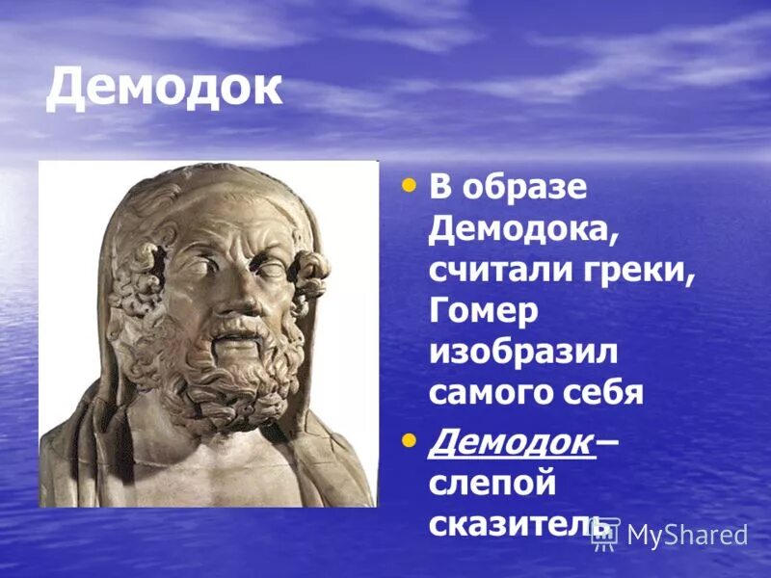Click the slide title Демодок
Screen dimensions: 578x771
[x=164, y=88]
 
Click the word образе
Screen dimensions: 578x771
[x=525, y=188]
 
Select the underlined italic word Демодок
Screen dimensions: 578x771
[x=510, y=442]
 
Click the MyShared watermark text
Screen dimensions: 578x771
[x=687, y=536]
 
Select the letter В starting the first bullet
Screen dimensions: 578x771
[x=439, y=188]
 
